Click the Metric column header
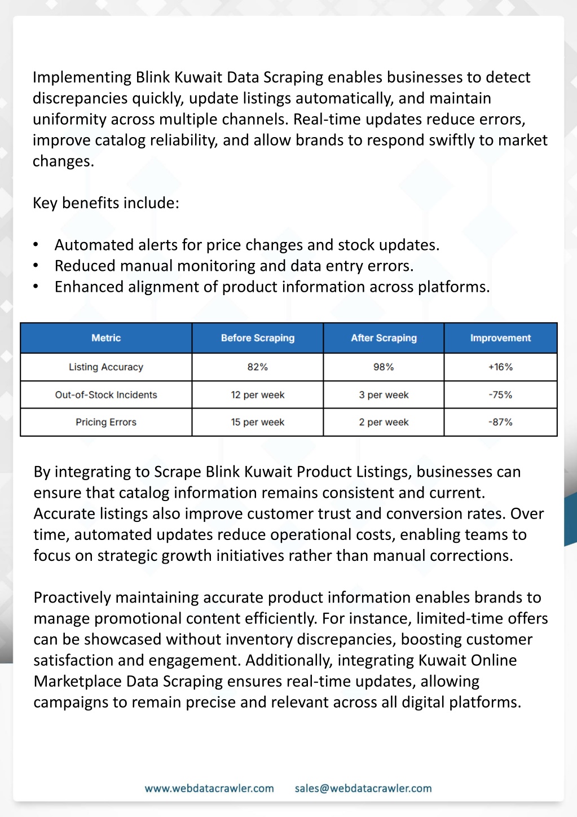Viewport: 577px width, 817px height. point(106,338)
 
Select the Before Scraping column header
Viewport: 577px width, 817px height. point(258,338)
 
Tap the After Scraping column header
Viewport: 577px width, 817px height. point(384,338)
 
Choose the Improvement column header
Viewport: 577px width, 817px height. point(500,338)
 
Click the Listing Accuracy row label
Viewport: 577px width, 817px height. point(106,367)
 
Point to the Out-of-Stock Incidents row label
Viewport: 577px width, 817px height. point(106,395)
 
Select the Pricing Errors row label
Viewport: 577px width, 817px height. point(106,422)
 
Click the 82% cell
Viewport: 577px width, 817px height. point(258,367)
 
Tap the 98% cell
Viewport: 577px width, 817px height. point(384,367)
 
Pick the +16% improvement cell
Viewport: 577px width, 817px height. point(500,367)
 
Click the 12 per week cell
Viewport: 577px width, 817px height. point(258,395)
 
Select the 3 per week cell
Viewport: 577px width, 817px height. point(384,395)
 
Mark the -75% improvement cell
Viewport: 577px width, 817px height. point(500,395)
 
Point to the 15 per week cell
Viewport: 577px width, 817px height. point(258,422)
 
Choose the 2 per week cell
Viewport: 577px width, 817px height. point(384,422)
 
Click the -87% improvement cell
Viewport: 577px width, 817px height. point(500,422)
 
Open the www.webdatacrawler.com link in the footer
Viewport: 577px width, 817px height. point(209,788)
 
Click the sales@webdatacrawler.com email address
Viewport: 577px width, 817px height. point(363,788)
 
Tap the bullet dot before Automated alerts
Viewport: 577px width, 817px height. point(36,245)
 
